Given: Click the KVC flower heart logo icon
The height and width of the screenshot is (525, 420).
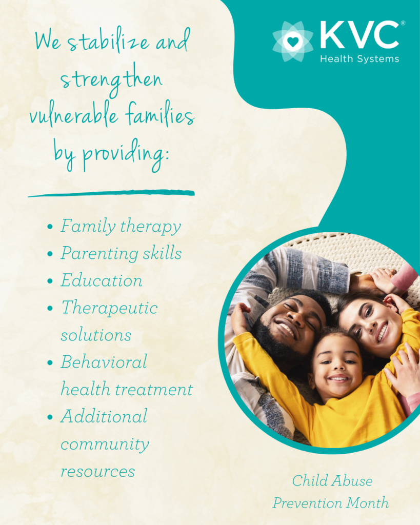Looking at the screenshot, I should [292, 42].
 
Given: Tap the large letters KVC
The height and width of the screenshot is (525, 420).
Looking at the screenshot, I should [359, 36].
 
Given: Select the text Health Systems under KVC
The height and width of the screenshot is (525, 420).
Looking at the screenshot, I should [359, 59].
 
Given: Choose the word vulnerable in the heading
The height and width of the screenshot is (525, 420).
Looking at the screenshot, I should [68, 116].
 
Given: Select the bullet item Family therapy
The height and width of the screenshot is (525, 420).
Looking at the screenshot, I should [121, 227].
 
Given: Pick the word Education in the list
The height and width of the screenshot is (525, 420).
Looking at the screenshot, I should [102, 281].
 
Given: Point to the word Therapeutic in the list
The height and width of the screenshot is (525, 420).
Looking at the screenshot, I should [109, 309].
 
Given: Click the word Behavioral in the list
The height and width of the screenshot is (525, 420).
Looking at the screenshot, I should [104, 362].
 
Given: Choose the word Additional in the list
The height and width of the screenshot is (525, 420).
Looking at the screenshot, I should [104, 416].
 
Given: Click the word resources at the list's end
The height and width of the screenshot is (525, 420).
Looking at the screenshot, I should [98, 471].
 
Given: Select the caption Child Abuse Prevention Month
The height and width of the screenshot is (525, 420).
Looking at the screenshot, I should [331, 492].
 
